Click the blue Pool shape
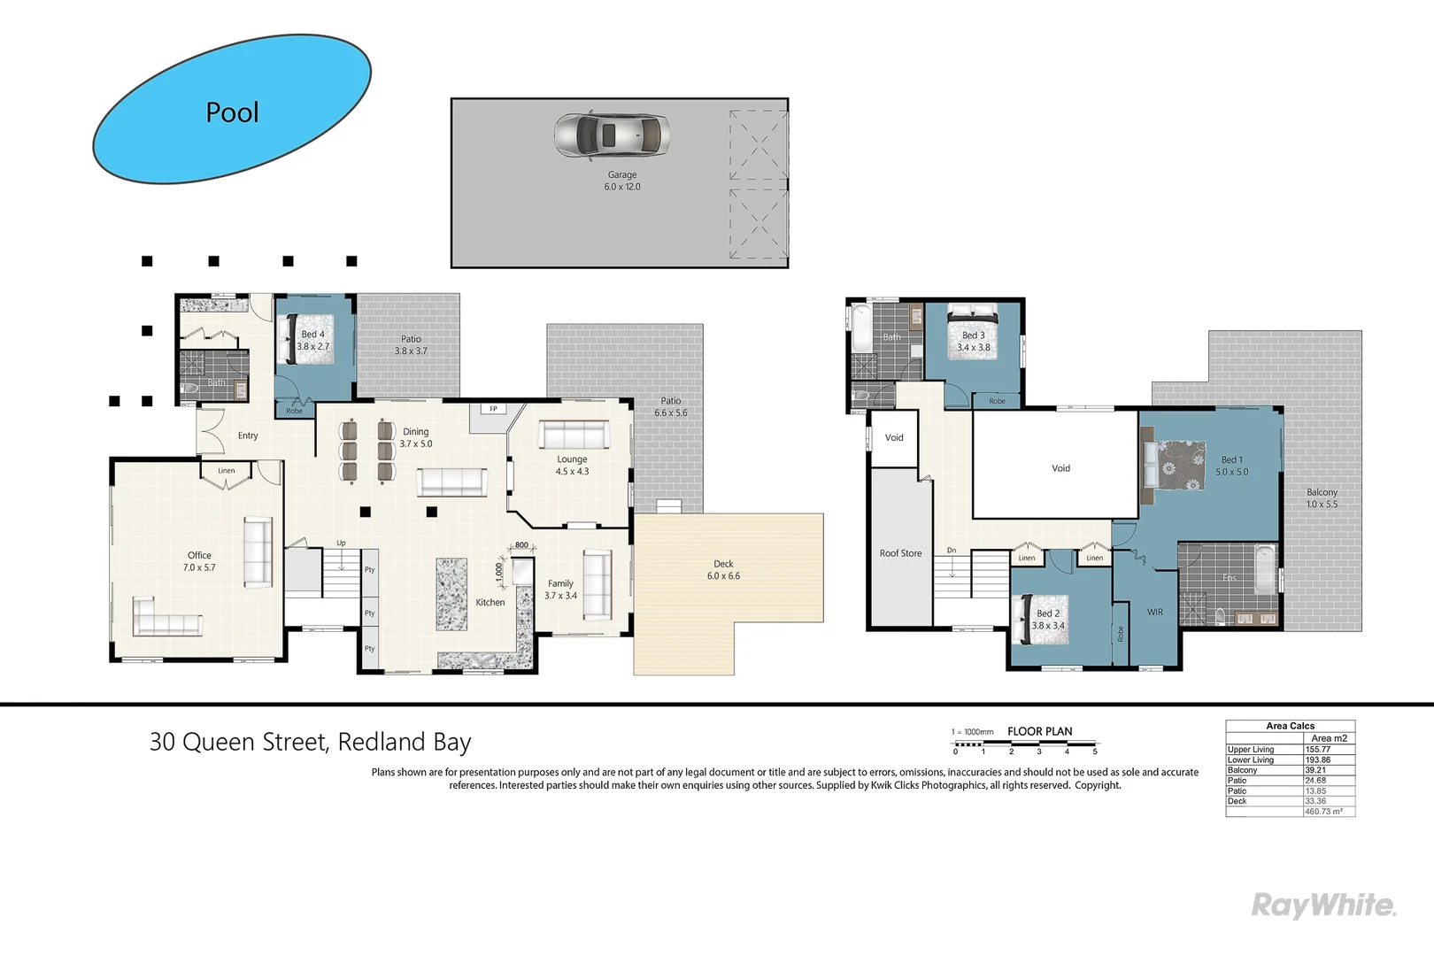pos(232,110)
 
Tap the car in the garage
pos(611,135)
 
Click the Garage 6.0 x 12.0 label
pos(622,181)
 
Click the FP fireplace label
pos(493,408)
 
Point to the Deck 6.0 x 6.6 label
pos(723,570)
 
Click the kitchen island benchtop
pos(451,594)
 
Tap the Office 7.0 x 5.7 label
pos(199,561)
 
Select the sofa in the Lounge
pos(574,435)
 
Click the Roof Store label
pos(900,553)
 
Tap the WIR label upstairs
pos(1155,612)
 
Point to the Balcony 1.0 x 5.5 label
pos(1322,498)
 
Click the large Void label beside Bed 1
pos(1060,468)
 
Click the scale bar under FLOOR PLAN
pos(1025,744)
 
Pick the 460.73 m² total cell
pos(1324,812)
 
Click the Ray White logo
pos(1322,905)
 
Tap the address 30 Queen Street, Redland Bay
pos(310,742)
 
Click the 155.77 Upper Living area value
pos(1318,749)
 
